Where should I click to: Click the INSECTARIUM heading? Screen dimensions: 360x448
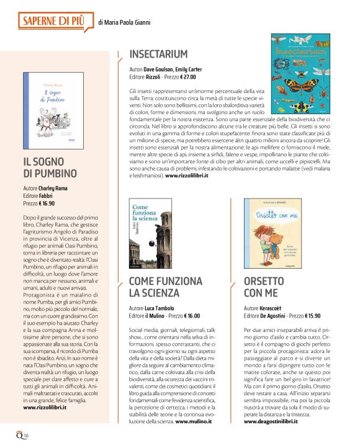166,54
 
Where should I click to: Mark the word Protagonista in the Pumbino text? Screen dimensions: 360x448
38,295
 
